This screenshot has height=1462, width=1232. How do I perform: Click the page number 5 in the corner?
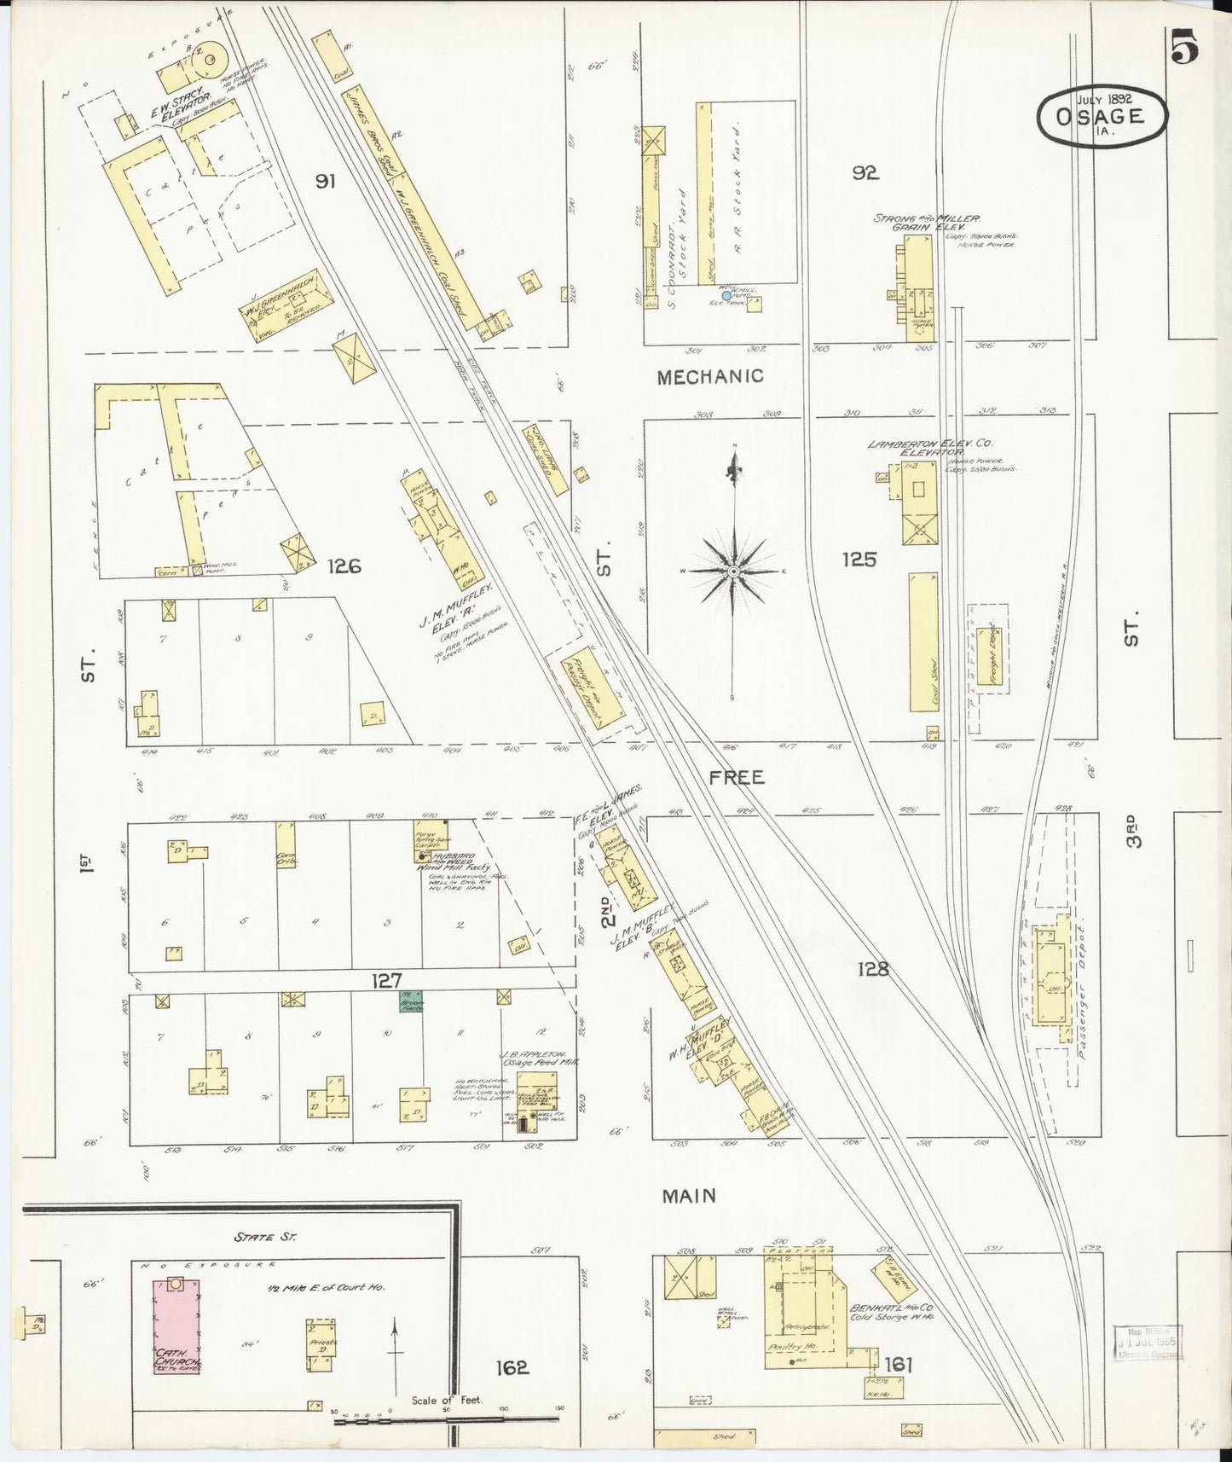(x=1185, y=46)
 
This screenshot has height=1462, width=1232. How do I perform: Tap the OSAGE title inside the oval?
(x=1101, y=119)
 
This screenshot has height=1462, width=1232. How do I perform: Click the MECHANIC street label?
(x=709, y=376)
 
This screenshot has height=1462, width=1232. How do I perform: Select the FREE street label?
(x=737, y=777)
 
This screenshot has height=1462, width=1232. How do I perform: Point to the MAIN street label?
(x=689, y=1196)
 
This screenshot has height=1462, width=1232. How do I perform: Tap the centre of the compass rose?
(x=732, y=571)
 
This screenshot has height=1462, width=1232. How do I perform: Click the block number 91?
(x=324, y=181)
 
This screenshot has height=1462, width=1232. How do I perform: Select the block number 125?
(x=859, y=560)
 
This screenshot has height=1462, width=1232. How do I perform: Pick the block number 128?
(x=874, y=968)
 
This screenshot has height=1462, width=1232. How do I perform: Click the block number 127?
(x=385, y=981)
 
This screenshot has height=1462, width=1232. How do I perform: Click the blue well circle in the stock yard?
(x=726, y=296)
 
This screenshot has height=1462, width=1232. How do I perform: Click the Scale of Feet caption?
(x=446, y=1400)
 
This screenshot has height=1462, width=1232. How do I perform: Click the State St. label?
(x=266, y=1236)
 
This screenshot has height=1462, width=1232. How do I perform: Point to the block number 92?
(x=865, y=173)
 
